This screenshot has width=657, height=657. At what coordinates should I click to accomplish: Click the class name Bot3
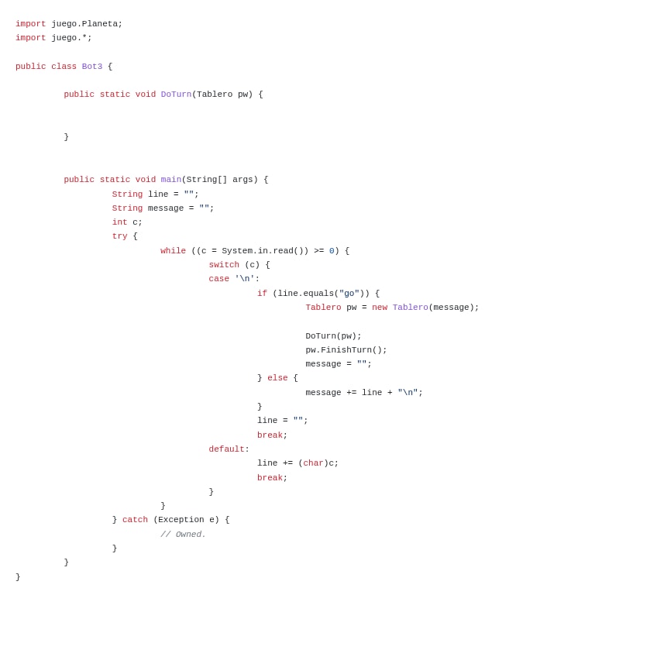tap(92, 67)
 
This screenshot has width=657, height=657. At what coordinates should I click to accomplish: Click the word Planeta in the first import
tap(100, 24)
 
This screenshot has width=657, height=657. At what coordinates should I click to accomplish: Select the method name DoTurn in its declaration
tap(176, 95)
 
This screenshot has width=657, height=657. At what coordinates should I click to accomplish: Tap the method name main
tap(170, 180)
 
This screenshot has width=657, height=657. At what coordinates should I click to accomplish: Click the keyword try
tap(119, 236)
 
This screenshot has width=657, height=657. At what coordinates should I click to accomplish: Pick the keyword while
tap(173, 251)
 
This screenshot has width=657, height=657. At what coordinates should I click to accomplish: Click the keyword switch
tap(224, 265)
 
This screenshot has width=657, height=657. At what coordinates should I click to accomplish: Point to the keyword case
tap(218, 279)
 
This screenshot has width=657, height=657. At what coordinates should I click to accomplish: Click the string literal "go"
tap(349, 294)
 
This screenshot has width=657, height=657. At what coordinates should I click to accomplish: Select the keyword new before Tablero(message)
tap(380, 308)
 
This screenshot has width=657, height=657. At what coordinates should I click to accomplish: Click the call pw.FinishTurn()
tap(346, 350)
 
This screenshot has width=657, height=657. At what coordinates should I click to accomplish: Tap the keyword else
tap(277, 378)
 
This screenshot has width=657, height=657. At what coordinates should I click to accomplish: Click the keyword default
tap(226, 449)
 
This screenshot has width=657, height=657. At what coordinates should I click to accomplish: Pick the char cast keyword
tap(313, 463)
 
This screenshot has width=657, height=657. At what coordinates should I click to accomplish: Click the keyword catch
tap(135, 520)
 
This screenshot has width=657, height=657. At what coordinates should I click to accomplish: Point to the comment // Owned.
tap(183, 535)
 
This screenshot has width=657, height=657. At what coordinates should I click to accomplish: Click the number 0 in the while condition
tap(332, 251)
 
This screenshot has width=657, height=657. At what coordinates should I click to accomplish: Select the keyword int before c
tap(119, 222)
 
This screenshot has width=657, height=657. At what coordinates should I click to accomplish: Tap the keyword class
tap(64, 67)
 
